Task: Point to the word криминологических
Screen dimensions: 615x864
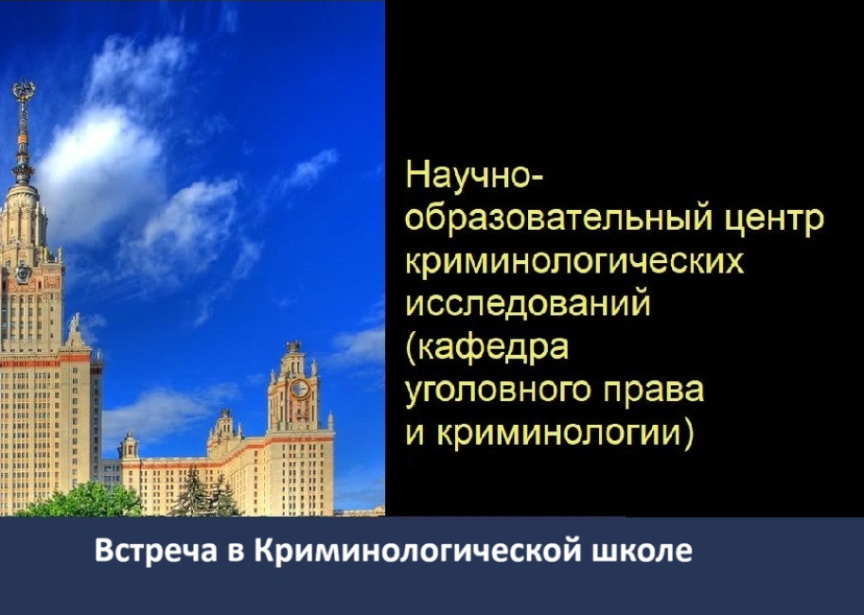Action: [574, 263]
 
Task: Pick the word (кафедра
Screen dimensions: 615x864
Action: [487, 347]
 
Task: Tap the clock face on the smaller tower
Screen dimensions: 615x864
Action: [300, 388]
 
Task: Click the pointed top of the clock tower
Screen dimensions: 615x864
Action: [293, 346]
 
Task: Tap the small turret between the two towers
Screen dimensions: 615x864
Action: [223, 426]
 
